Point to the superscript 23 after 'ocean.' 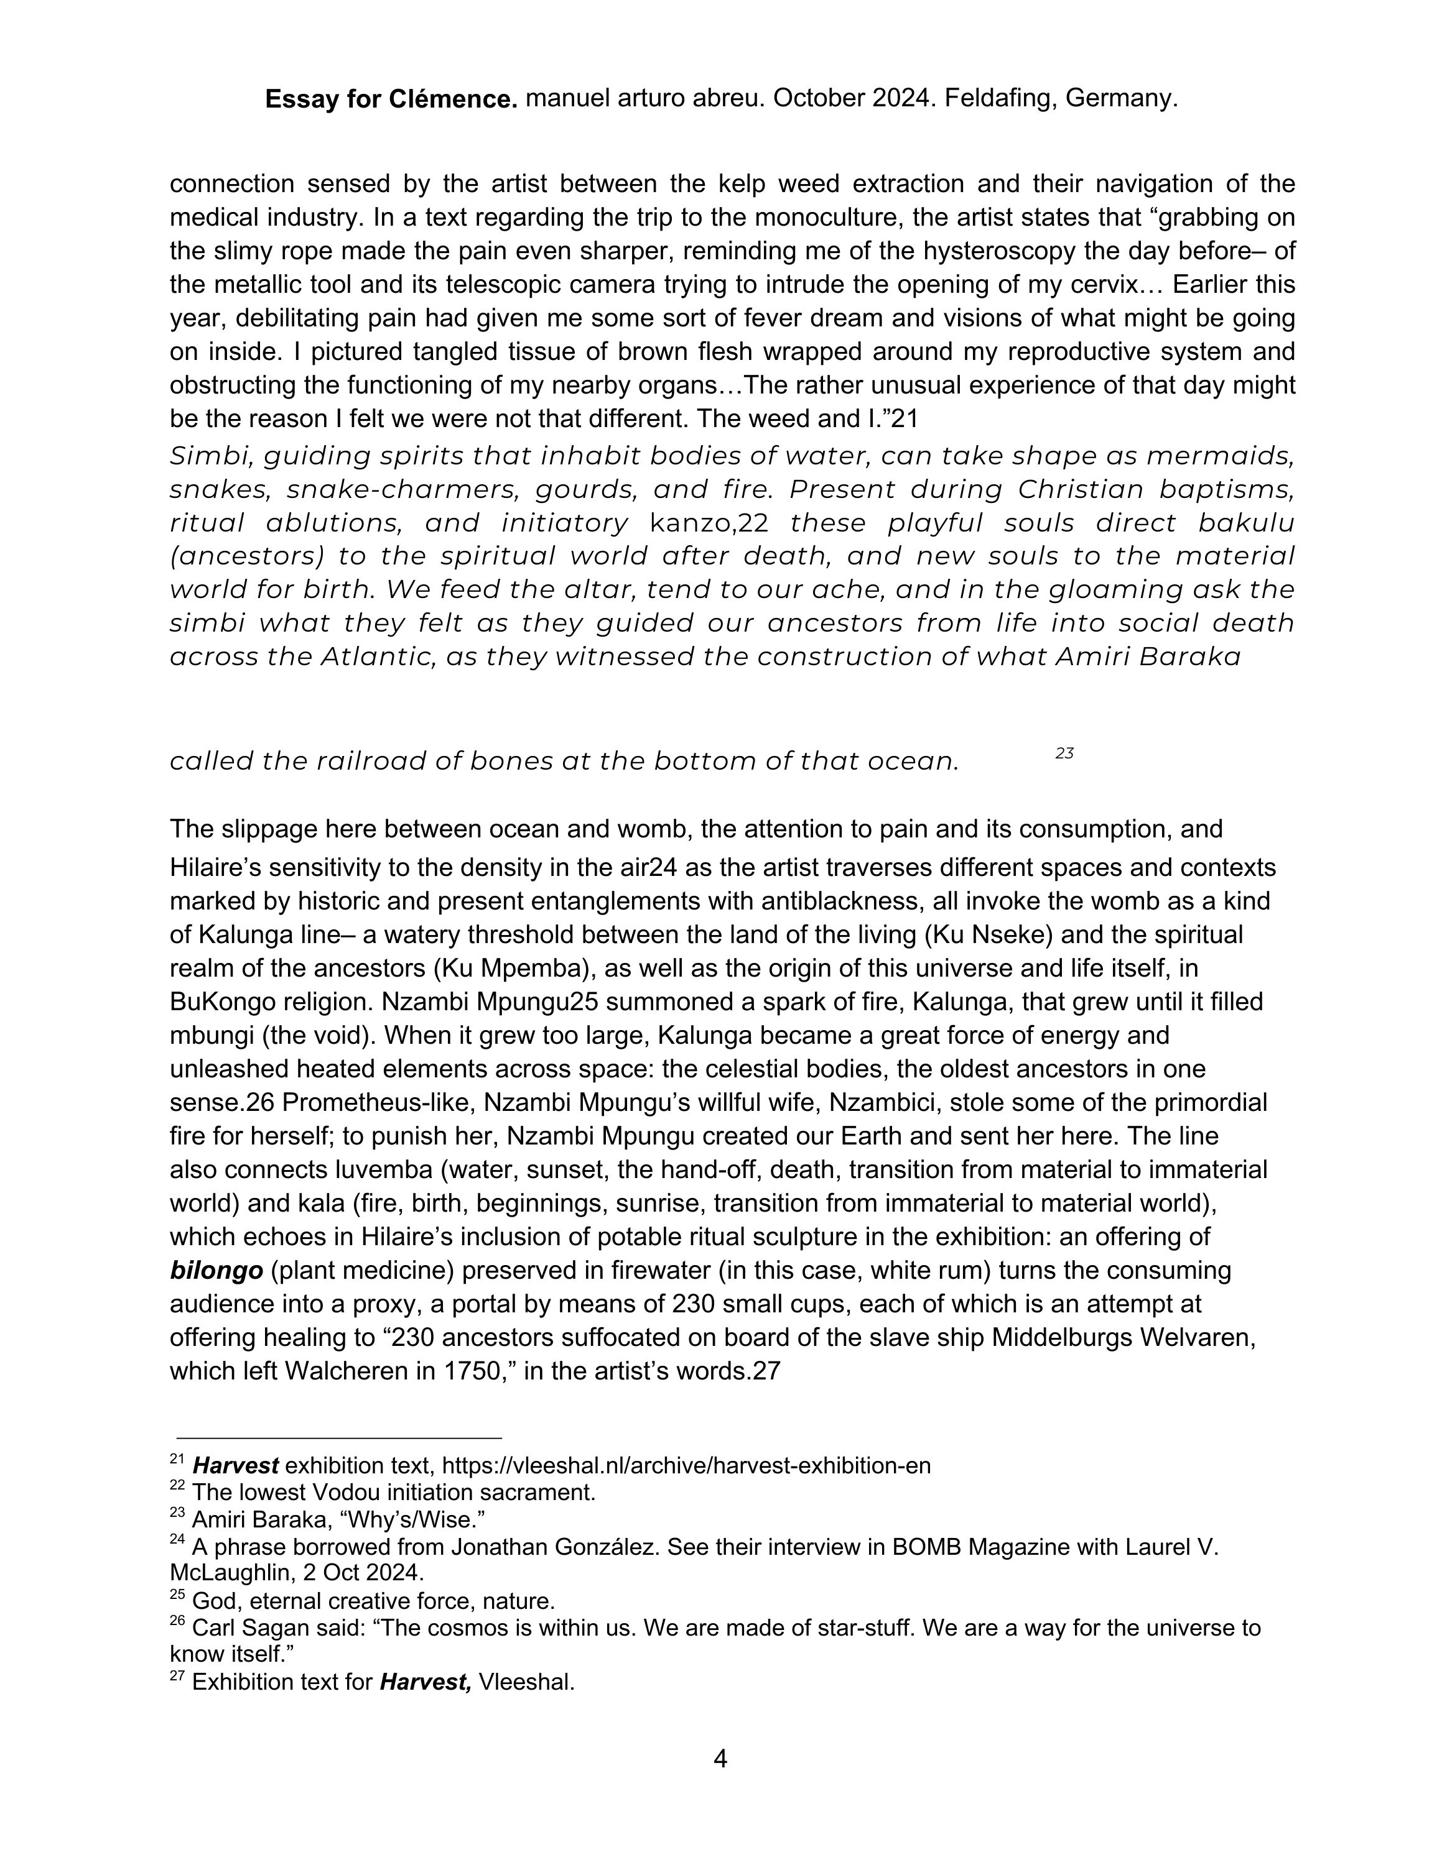tap(1064, 753)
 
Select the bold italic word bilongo tap(216, 1271)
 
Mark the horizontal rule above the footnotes tap(339, 1438)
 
